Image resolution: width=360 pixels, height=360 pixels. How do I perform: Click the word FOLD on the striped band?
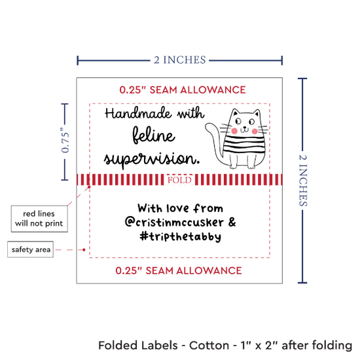179,180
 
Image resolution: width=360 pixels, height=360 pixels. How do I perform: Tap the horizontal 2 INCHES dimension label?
180,60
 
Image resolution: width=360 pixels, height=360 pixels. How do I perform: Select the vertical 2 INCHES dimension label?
303,180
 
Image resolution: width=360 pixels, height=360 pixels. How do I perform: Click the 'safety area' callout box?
31,249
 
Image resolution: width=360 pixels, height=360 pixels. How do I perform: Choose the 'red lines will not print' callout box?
39,219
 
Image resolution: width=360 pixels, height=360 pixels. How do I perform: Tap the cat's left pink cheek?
234,131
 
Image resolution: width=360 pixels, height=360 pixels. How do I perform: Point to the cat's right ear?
257,113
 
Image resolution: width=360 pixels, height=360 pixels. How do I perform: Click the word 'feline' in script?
154,135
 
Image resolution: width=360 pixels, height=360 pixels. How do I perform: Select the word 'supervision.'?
152,159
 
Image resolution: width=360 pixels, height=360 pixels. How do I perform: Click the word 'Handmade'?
138,113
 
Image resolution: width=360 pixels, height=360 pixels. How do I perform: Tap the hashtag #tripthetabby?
181,236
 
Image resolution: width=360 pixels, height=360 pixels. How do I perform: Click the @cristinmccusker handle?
174,222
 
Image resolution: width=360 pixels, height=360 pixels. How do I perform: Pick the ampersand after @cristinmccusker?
232,222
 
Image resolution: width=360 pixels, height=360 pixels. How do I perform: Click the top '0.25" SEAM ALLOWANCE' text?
183,90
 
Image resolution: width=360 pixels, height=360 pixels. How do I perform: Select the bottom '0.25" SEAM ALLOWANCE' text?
179,271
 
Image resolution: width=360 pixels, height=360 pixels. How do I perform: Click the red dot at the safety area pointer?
84,249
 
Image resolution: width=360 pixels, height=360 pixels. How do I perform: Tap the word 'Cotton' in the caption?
209,346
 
